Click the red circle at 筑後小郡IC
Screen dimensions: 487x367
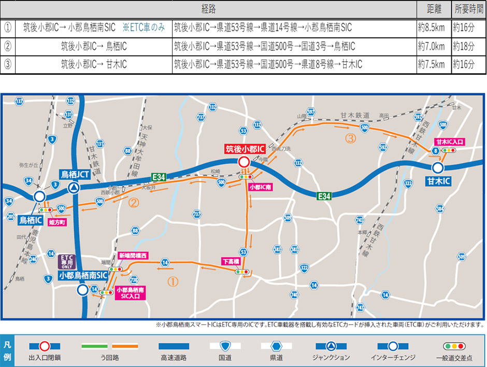point(244,162)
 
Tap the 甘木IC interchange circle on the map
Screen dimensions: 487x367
point(438,167)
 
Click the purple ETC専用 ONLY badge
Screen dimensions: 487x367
point(66,261)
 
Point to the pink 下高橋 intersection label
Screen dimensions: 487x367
point(230,262)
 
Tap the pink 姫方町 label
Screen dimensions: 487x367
point(56,222)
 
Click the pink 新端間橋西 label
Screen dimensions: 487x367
point(133,256)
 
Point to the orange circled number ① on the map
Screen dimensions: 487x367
point(173,281)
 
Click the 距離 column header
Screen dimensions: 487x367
point(434,9)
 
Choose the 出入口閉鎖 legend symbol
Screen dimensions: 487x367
point(45,346)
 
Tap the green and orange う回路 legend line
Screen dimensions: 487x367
point(109,346)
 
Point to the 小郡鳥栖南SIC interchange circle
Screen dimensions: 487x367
point(82,290)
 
